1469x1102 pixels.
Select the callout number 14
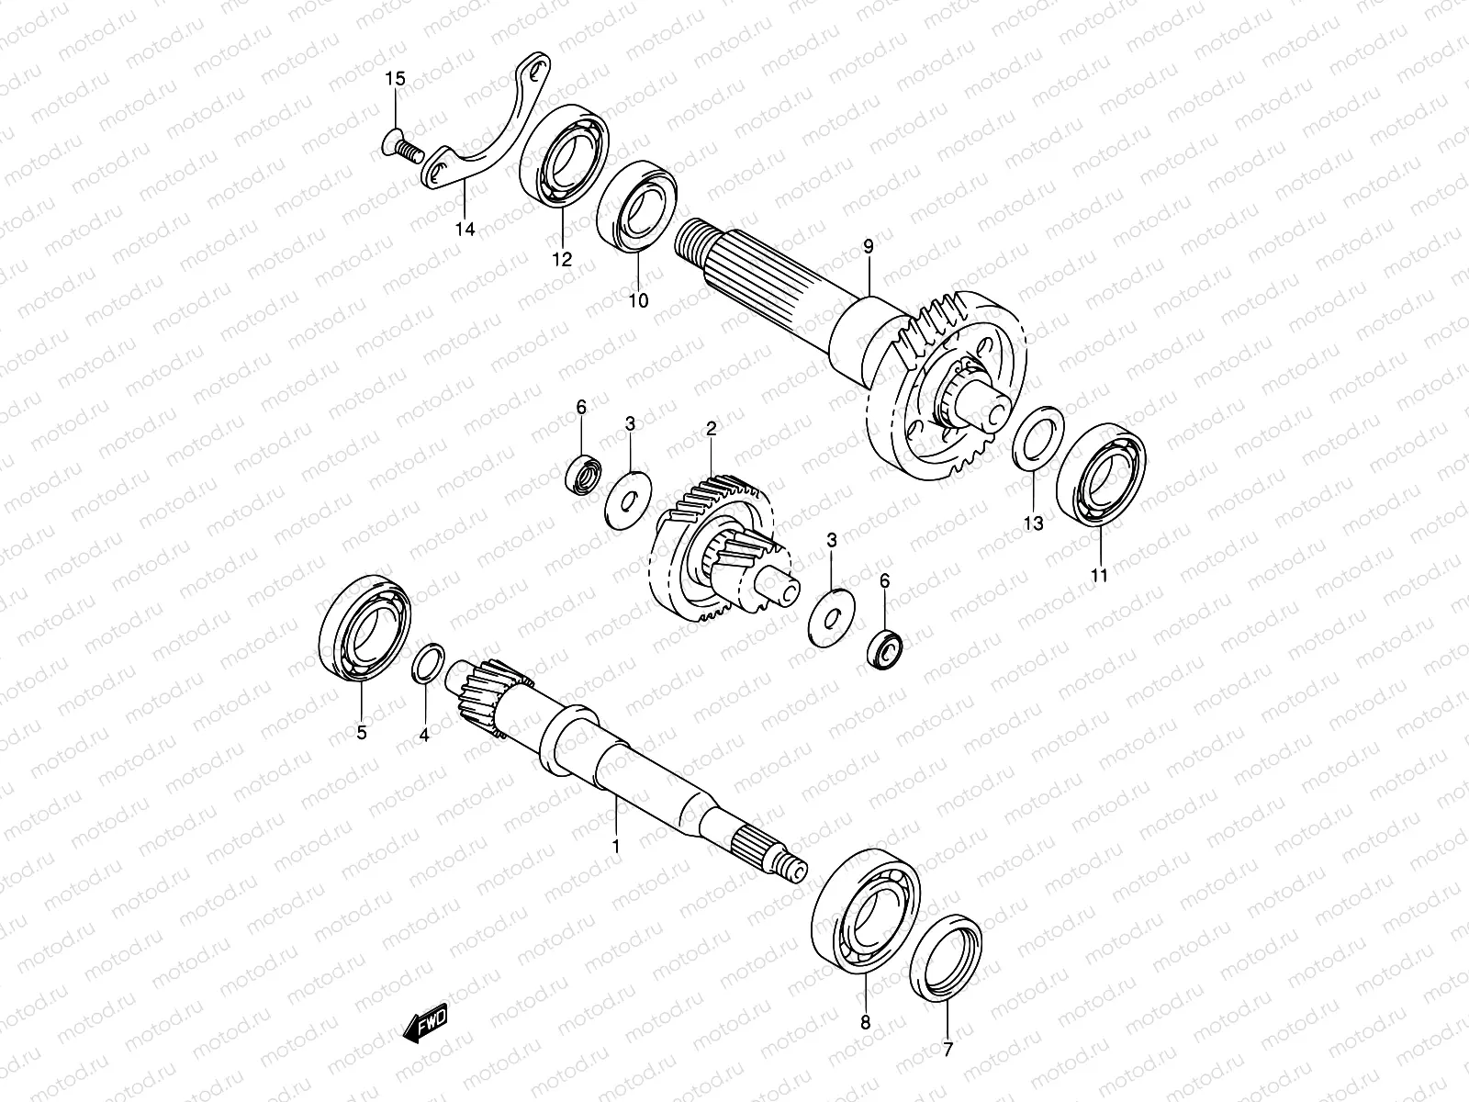tap(465, 230)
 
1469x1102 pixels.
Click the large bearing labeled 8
tap(867, 905)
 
